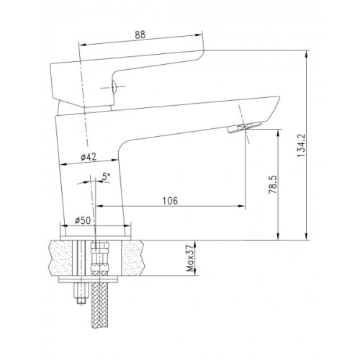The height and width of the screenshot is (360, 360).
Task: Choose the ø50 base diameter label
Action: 84,220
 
